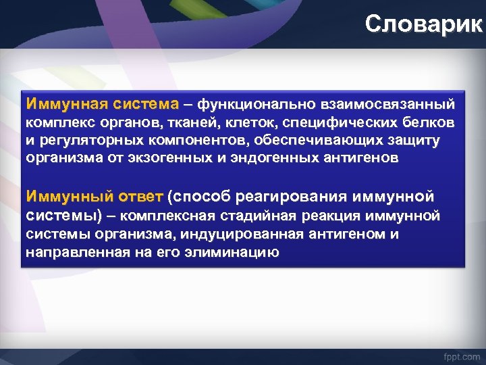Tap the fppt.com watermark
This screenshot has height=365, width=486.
[461, 355]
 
